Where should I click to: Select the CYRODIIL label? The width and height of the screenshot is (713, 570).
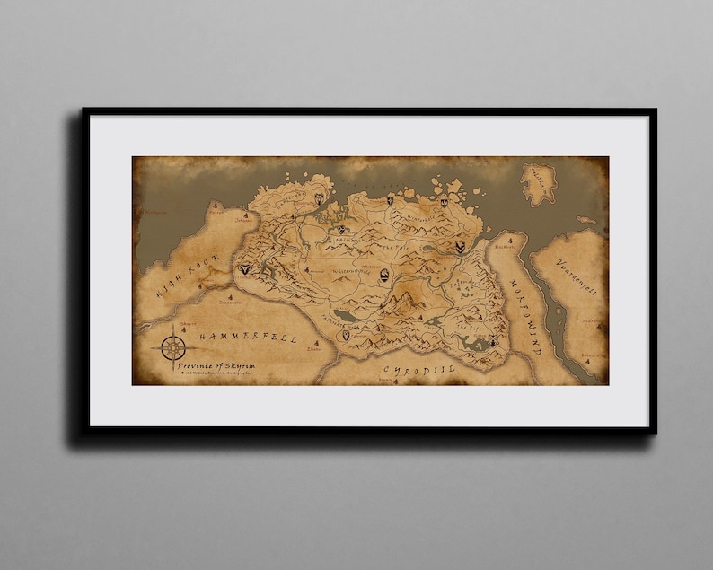coord(419,369)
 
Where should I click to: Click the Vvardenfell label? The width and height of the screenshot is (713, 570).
coord(580,288)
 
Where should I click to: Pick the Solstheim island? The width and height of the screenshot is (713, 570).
coord(538,183)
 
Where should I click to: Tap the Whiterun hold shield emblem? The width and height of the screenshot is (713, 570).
coord(384,276)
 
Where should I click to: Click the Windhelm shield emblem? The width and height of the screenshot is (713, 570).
coord(459,246)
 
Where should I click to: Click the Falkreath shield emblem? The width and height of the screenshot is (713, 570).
coord(345,334)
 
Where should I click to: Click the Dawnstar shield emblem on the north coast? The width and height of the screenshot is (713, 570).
coord(390,201)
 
